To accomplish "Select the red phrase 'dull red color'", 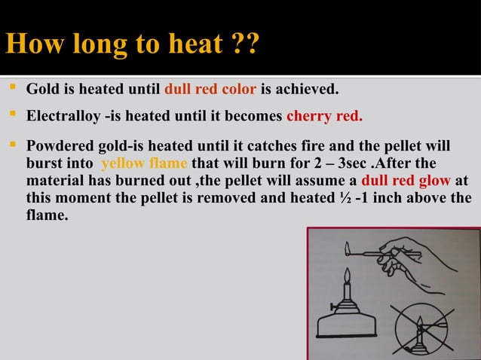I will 210,90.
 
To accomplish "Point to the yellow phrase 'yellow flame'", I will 144,164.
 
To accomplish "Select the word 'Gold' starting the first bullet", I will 42,90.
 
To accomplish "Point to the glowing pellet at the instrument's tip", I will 345,247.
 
